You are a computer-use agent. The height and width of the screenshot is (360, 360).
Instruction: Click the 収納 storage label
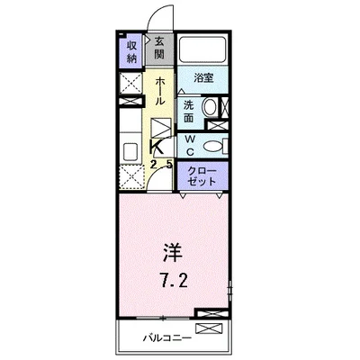pyautogui.click(x=131, y=52)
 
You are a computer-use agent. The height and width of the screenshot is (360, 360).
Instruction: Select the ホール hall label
pyautogui.click(x=159, y=91)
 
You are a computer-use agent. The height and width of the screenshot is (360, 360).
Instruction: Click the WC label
pyautogui.click(x=191, y=145)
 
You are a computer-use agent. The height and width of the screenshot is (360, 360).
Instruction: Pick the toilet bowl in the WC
pyautogui.click(x=214, y=147)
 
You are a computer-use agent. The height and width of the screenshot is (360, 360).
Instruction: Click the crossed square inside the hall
pyautogui.click(x=159, y=128)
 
